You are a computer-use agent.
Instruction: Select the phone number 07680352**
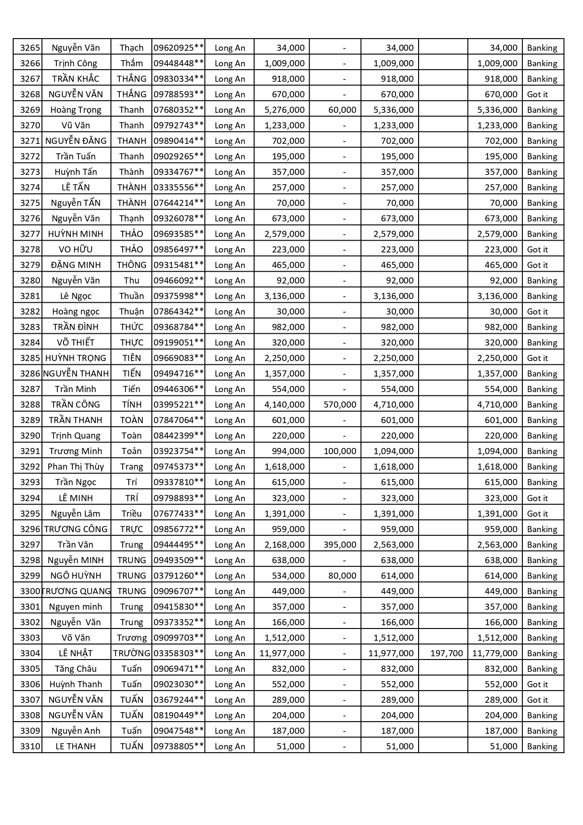coord(179,110)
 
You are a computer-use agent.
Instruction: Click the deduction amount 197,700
coord(446,653)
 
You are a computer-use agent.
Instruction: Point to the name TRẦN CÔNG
coord(76,404)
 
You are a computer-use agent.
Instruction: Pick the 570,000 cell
coord(340,404)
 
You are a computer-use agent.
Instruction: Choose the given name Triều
coord(132,513)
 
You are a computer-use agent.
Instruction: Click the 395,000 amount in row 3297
coord(340,544)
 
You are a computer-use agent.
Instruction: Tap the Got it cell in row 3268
coord(537,94)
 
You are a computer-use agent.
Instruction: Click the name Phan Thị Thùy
coord(76,466)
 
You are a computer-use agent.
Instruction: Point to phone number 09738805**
coord(179,746)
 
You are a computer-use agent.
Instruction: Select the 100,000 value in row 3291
coord(340,451)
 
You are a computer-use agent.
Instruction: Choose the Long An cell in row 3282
coord(230,311)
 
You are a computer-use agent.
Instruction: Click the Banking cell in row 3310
coord(542,746)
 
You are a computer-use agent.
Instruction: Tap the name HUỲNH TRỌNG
coord(76,358)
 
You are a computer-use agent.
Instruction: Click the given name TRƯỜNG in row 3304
coord(132,653)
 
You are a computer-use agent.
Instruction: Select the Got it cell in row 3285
coord(537,358)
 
